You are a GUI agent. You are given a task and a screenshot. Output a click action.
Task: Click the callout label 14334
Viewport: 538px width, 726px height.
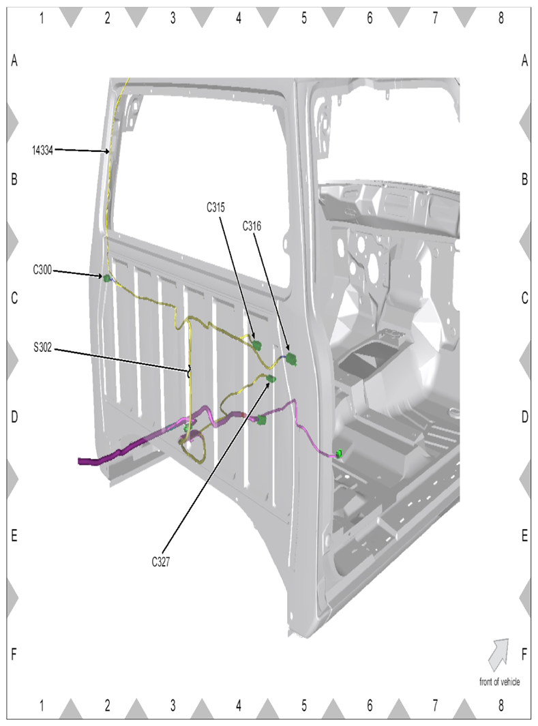42,151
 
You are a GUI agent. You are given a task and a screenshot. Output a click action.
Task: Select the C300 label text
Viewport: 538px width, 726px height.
42,269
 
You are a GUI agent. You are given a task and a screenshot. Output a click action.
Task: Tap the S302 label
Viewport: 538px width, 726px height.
42,347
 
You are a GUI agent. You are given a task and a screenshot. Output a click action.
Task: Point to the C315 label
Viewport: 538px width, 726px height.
215,207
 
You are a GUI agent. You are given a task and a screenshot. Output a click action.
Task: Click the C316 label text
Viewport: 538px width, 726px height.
252,226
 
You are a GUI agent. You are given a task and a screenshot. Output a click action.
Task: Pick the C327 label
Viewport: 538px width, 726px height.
161,562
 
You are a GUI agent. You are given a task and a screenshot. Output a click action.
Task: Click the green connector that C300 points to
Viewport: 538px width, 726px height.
107,278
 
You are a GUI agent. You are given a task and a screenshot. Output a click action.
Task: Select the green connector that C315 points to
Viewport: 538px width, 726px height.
257,344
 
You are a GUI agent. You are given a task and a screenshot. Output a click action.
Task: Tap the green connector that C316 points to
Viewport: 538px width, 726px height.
291,359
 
